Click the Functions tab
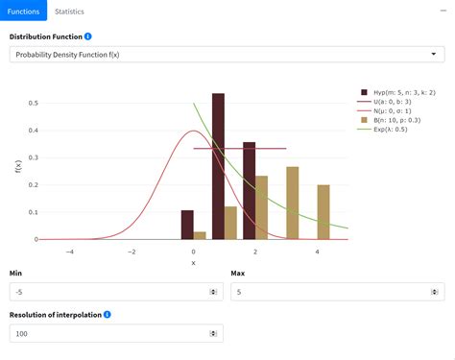23,12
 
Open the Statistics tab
69,12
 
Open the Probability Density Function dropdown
227,55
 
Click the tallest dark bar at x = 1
218,163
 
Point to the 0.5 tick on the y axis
34,103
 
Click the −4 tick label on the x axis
69,252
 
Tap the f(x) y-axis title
18,166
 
